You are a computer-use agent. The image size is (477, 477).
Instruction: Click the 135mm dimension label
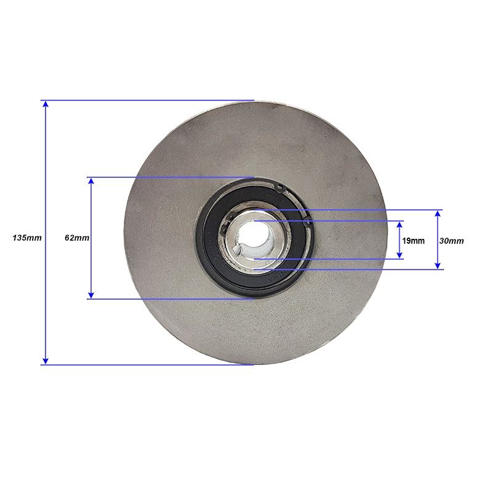click(x=27, y=238)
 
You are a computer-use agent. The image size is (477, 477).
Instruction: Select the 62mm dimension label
click(x=77, y=238)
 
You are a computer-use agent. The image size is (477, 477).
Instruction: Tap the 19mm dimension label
click(x=414, y=241)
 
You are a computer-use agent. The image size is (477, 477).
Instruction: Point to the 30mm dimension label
click(x=451, y=241)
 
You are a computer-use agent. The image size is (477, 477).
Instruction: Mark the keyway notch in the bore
click(x=238, y=250)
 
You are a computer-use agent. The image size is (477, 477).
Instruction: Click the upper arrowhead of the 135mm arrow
click(x=46, y=105)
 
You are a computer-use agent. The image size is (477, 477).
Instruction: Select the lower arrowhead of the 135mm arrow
click(x=46, y=361)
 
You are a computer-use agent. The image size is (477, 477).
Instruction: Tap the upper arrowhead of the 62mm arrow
click(x=91, y=182)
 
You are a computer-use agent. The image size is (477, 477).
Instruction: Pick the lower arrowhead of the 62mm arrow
click(x=91, y=295)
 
